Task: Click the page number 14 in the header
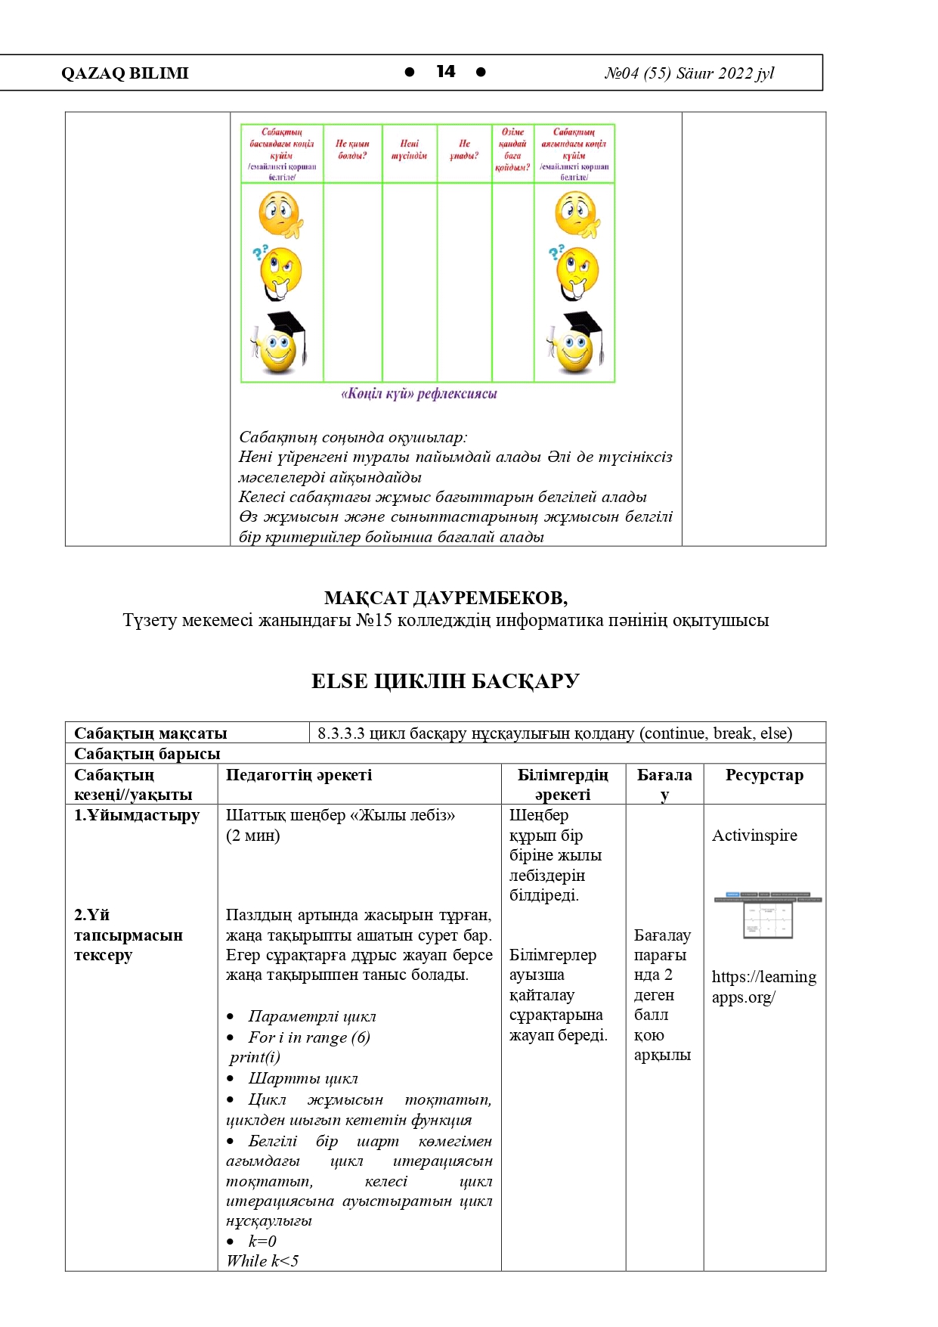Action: click(x=446, y=72)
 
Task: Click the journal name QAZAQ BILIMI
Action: click(x=125, y=73)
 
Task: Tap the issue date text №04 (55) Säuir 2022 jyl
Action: click(x=689, y=73)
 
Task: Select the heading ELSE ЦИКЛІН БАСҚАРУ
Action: click(x=445, y=681)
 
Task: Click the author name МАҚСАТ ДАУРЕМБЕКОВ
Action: click(x=445, y=598)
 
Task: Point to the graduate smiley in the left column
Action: click(x=278, y=344)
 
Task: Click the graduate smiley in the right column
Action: click(x=574, y=344)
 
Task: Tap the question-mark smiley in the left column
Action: click(x=278, y=272)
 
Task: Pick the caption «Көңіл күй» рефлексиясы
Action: click(x=419, y=394)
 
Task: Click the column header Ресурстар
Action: click(x=764, y=775)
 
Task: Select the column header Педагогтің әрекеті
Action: click(x=299, y=775)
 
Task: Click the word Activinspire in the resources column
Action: click(x=754, y=836)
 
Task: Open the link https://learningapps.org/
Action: click(x=763, y=987)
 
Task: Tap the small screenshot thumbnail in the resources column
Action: click(x=767, y=916)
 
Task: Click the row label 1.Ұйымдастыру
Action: click(x=137, y=815)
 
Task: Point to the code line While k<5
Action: click(x=262, y=1260)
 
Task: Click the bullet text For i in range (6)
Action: click(x=309, y=1037)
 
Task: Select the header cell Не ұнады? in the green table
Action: click(x=464, y=149)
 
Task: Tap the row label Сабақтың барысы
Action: click(x=147, y=754)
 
